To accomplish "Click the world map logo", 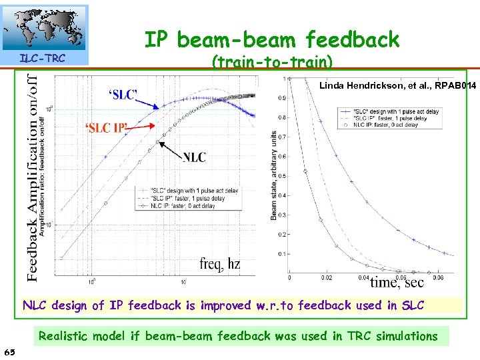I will click(x=45, y=28).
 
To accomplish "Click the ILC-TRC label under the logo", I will click(x=42, y=59).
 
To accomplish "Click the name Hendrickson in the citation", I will click(x=375, y=85).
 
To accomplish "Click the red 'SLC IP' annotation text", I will click(x=105, y=128).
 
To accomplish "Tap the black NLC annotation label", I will click(x=194, y=157).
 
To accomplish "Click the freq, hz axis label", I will click(x=219, y=264).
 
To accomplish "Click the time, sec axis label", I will click(x=397, y=281).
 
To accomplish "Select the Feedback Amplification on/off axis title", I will click(x=31, y=177).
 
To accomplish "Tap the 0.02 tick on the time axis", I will click(x=327, y=277).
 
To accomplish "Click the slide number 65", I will click(x=10, y=351).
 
